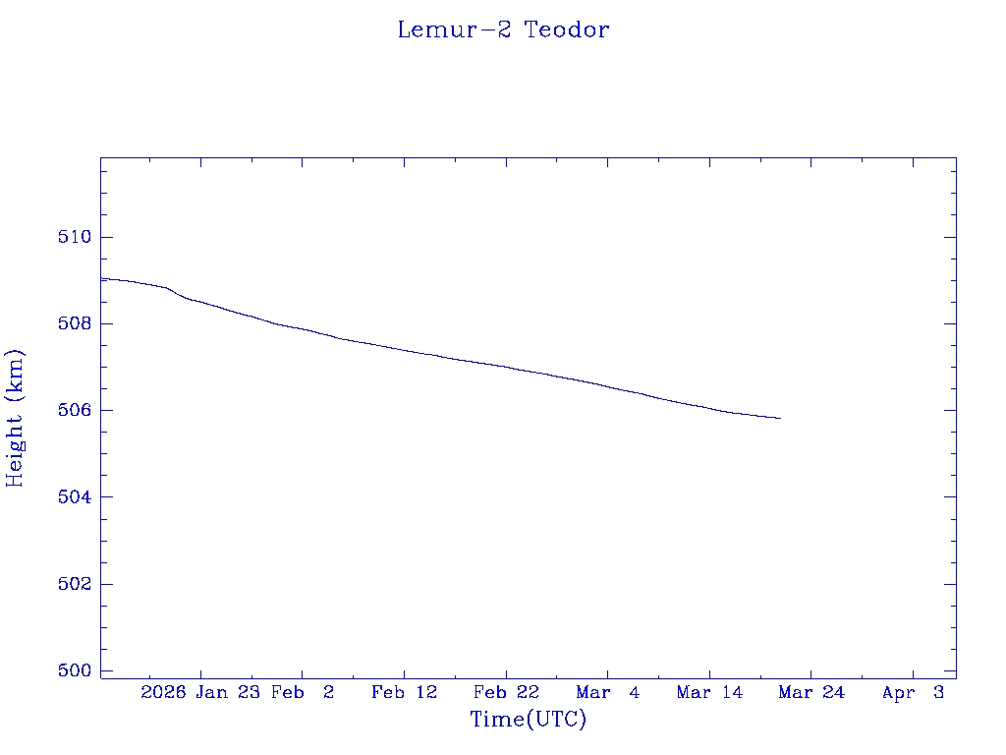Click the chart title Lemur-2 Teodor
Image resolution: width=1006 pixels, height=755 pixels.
503,29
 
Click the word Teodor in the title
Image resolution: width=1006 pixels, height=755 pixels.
566,29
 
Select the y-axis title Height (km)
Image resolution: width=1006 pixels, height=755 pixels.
15,418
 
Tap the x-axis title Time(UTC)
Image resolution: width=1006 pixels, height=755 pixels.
529,720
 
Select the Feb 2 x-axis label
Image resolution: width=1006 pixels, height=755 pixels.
303,692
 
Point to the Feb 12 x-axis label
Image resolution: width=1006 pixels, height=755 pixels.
404,692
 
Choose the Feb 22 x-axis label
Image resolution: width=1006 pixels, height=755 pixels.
506,692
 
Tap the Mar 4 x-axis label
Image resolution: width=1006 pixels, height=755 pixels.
608,692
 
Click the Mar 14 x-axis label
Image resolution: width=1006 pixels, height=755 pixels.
709,692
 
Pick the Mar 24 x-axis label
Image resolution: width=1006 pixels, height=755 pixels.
811,692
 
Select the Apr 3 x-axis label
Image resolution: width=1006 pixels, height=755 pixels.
913,692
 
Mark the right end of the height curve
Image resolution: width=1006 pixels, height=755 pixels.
780,419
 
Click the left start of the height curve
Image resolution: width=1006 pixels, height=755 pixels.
102,278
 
